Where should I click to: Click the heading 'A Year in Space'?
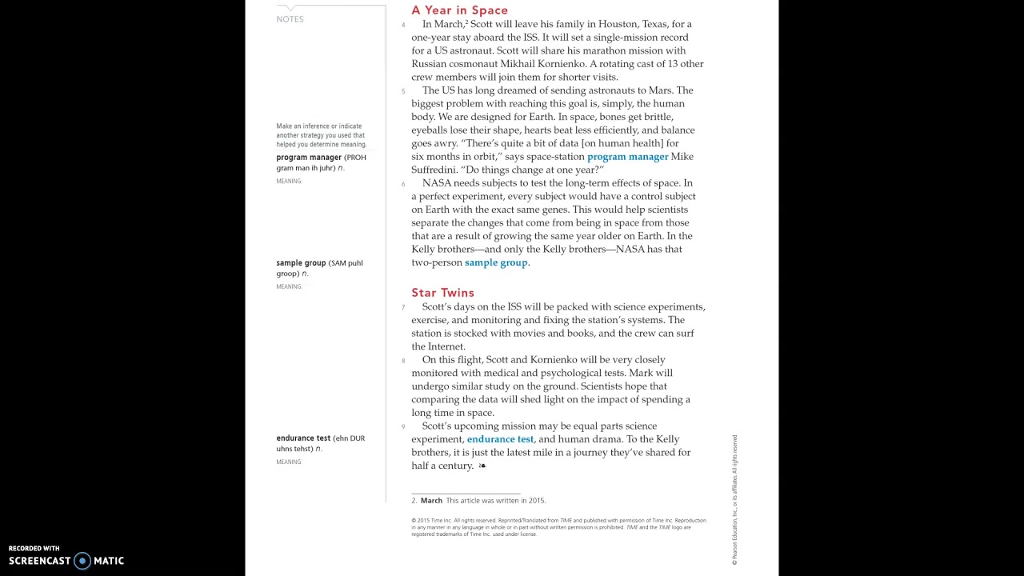459,10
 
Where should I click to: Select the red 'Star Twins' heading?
442,293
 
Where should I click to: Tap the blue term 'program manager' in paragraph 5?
627,157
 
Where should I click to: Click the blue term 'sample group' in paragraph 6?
496,262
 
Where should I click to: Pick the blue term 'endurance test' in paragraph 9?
500,439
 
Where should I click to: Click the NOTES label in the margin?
290,19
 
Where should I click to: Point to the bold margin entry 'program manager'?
310,158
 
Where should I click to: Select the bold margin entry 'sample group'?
301,263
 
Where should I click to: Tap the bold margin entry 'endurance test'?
303,438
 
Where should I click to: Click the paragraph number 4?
403,25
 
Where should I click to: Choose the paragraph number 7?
403,307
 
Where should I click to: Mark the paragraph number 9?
403,426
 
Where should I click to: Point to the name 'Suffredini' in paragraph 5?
436,170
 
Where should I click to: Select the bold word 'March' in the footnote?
431,501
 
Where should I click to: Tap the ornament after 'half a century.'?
482,466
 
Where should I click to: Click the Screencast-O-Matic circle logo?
82,561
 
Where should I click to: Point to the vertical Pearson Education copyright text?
734,500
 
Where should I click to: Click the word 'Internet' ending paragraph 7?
446,346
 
